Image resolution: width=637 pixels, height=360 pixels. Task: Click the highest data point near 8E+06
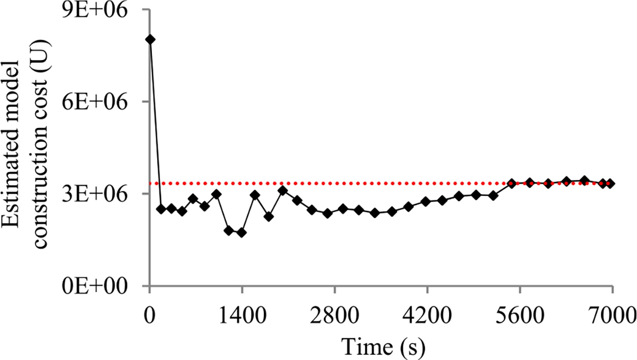(150, 39)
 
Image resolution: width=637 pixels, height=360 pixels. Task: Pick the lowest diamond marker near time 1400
(242, 233)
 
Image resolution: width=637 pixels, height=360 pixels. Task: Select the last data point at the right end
(610, 183)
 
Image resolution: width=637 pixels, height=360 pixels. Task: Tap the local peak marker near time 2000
(282, 190)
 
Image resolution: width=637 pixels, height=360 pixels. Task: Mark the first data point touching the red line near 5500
(512, 183)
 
